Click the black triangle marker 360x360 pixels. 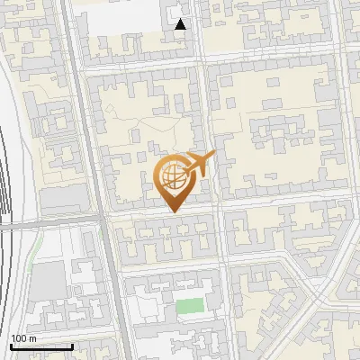pyautogui.click(x=181, y=24)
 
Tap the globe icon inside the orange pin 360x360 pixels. pyautogui.click(x=173, y=175)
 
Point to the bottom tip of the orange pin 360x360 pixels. pyautogui.click(x=173, y=212)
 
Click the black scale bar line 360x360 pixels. pyautogui.click(x=40, y=346)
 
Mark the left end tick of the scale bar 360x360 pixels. pyautogui.click(x=10, y=345)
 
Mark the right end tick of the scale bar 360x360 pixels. pyautogui.click(x=72, y=345)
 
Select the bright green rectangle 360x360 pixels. pyautogui.click(x=189, y=306)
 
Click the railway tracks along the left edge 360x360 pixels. pyautogui.click(x=7, y=180)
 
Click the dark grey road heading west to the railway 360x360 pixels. pyautogui.click(x=54, y=220)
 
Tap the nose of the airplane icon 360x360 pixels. pyautogui.click(x=214, y=155)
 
